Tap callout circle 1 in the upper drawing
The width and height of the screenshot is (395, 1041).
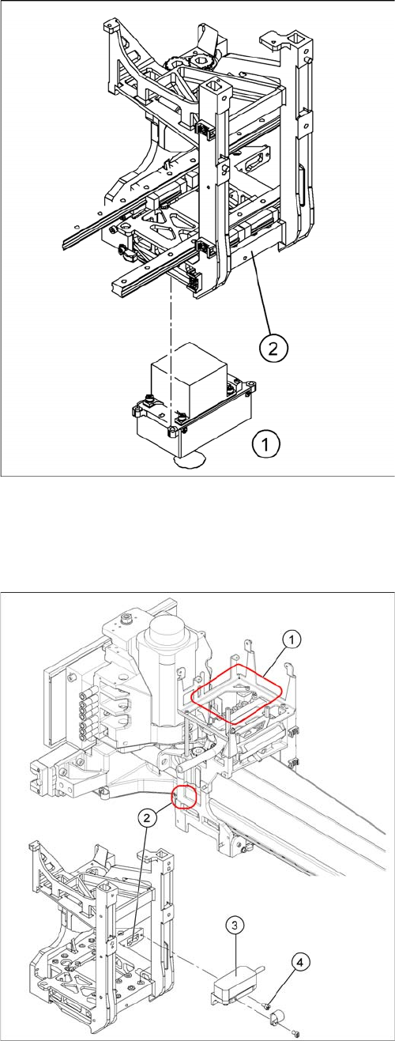(x=265, y=444)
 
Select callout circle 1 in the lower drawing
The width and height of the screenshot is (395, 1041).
(x=292, y=640)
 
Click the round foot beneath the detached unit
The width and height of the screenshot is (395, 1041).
(x=189, y=461)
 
